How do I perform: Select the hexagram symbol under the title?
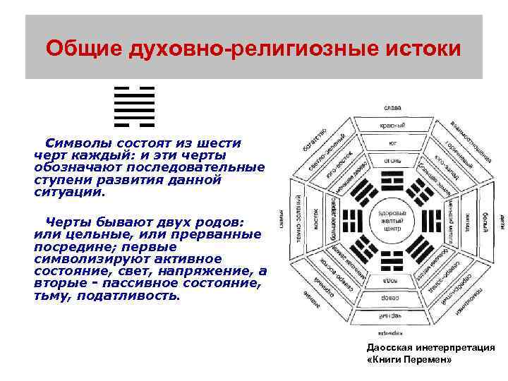pyautogui.click(x=134, y=106)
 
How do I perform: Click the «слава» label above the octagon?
pyautogui.click(x=392, y=107)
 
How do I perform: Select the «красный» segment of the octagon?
pyautogui.click(x=392, y=125)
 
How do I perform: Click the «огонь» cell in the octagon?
pyautogui.click(x=392, y=160)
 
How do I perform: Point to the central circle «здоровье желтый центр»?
pyautogui.click(x=392, y=220)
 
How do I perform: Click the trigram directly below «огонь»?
pyautogui.click(x=392, y=180)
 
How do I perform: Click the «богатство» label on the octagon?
pyautogui.click(x=315, y=142)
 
